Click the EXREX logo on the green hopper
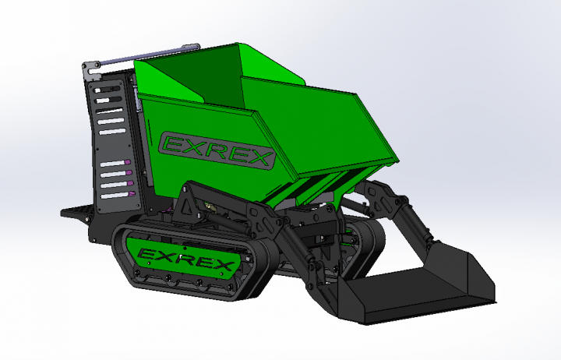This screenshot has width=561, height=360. point(217,150)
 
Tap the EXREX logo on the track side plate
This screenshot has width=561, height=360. point(185,259)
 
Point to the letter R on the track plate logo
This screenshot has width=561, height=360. point(189,259)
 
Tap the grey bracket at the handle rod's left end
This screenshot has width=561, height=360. point(91,70)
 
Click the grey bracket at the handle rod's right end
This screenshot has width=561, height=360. point(191,48)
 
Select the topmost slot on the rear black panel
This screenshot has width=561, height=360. point(107,90)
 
